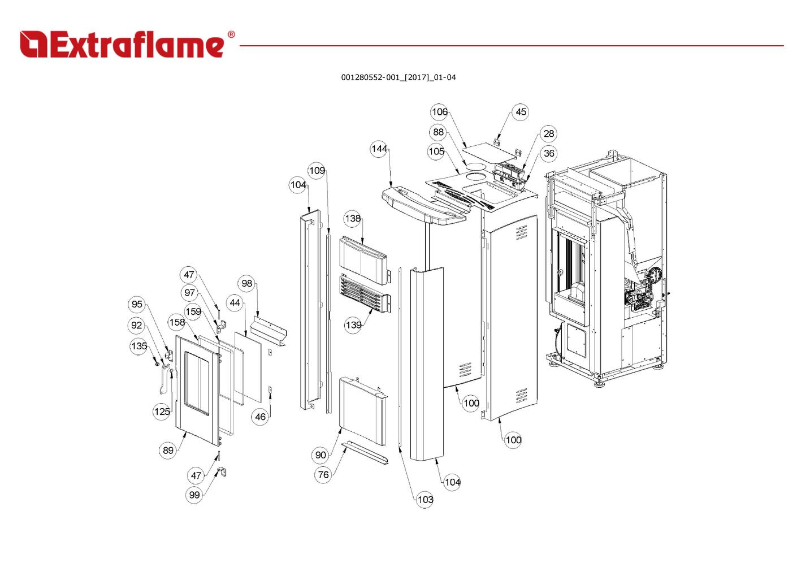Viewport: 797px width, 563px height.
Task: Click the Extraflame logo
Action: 122,45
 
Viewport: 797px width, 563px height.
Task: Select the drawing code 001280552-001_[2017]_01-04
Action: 398,77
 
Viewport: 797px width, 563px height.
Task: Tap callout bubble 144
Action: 379,149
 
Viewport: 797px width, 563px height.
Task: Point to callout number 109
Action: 317,170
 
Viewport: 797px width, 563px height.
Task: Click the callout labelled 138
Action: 352,218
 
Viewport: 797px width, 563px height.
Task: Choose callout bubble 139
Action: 353,324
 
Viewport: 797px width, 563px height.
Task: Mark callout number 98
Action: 246,283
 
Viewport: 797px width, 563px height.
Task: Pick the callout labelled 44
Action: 235,302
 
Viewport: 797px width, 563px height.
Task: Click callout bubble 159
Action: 193,311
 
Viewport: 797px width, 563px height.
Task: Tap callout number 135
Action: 139,345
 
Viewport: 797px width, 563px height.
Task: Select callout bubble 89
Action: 168,450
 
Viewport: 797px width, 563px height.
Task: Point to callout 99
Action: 194,495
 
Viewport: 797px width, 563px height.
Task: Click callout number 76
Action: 323,474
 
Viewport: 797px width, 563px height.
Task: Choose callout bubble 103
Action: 425,499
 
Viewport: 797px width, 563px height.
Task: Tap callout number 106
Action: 439,112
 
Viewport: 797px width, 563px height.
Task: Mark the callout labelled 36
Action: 548,153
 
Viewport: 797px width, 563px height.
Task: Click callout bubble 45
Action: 521,112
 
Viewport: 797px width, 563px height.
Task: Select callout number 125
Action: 162,411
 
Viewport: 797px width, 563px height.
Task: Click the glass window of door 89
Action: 200,378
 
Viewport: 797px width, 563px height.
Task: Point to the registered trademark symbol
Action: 231,34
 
